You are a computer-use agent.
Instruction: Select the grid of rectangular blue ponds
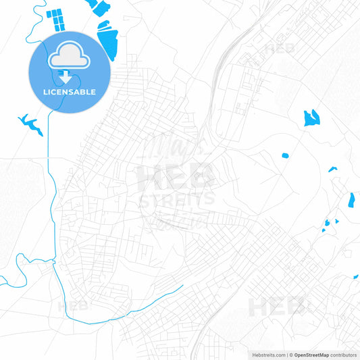pyautogui.click(x=56, y=20)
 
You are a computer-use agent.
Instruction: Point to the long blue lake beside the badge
pyautogui.click(x=108, y=41)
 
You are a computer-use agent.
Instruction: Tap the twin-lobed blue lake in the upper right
pyautogui.click(x=311, y=118)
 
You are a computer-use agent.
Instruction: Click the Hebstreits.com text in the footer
pyautogui.click(x=267, y=355)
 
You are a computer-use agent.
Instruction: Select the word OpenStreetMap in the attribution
pyautogui.click(x=311, y=355)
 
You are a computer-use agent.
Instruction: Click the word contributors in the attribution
pyautogui.click(x=344, y=355)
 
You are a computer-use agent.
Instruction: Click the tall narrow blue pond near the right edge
pyautogui.click(x=351, y=201)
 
